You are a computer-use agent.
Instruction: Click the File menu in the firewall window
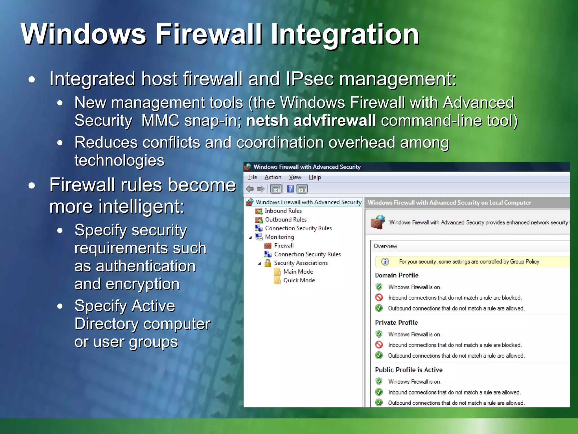coord(252,177)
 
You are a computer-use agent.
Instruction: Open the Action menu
coord(273,177)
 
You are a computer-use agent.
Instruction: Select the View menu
coord(295,177)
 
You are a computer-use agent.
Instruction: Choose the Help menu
coord(315,177)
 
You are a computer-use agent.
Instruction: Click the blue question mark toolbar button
coord(290,189)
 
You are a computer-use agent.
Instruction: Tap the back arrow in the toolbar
coord(250,189)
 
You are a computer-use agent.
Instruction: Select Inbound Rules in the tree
coord(283,211)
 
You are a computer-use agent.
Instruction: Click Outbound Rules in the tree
coord(286,220)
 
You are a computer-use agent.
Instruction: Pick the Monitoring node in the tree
coord(279,237)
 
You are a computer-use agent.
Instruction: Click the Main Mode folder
coord(298,272)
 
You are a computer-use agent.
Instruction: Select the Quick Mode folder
coord(299,280)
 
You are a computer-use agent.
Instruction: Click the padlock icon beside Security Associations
coord(268,263)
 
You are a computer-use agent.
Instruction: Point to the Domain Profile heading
coord(397,275)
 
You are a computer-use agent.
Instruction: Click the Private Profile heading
coord(396,322)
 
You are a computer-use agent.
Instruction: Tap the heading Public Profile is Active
coord(408,370)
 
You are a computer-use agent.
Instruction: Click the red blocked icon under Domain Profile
coord(379,298)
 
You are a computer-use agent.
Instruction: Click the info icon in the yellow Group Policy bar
coord(385,261)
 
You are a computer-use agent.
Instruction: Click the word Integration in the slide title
coord(345,34)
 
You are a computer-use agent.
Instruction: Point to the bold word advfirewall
coord(335,121)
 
